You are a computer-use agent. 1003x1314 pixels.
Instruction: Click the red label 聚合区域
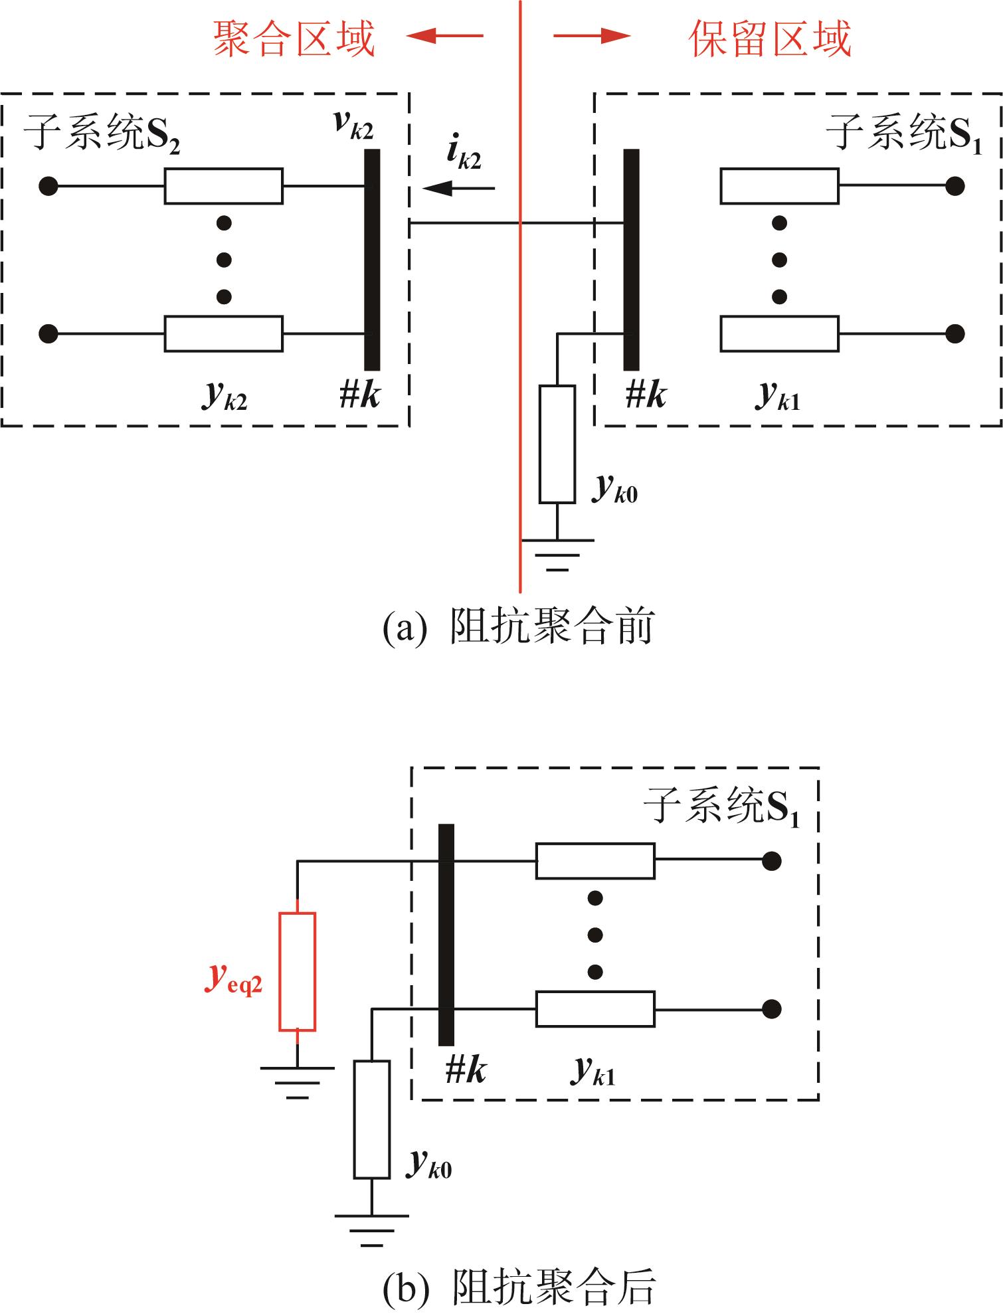[x=294, y=38]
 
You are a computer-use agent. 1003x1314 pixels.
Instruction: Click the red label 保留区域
[x=770, y=38]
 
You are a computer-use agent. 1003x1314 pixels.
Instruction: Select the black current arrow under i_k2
[x=458, y=189]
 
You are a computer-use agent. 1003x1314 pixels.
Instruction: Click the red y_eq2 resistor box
[x=297, y=972]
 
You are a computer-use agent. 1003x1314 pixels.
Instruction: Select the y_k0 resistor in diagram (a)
[x=557, y=444]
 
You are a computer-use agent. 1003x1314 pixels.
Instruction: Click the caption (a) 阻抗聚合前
[x=518, y=626]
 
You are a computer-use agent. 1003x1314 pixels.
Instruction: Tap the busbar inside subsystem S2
[x=373, y=260]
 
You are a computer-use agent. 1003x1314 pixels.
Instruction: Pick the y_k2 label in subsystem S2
[x=225, y=396]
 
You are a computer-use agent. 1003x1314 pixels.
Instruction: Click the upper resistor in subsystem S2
[x=224, y=186]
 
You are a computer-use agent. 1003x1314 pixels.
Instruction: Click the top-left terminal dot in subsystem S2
[x=48, y=186]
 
